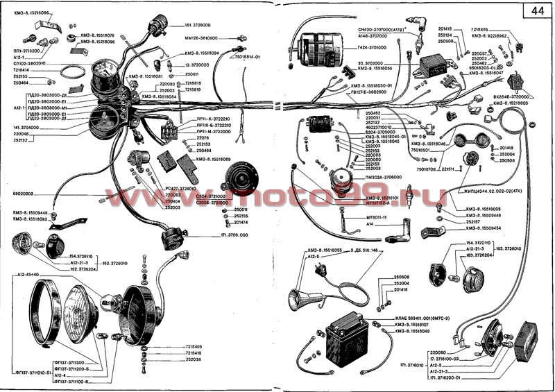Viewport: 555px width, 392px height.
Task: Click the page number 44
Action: [538, 12]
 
